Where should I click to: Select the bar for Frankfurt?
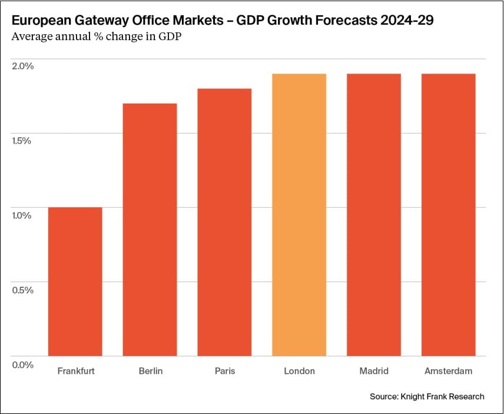point(75,281)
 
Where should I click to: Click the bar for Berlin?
point(150,230)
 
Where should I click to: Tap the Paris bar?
point(224,222)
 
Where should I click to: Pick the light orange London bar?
point(299,215)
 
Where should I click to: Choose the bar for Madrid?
point(374,215)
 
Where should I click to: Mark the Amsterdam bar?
point(449,215)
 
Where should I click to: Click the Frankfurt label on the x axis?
point(76,371)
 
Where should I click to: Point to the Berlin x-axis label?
point(151,371)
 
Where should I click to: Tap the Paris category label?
point(224,371)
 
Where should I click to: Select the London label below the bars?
point(299,371)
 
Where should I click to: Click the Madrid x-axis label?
point(374,371)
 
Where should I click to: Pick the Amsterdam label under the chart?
point(448,371)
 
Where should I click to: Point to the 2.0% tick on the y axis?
point(24,66)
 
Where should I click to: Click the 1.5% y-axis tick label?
point(24,141)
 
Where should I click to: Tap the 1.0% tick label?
point(24,216)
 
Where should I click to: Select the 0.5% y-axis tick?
point(24,290)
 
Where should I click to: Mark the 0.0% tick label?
point(24,365)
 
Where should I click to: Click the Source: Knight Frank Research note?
point(427,396)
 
